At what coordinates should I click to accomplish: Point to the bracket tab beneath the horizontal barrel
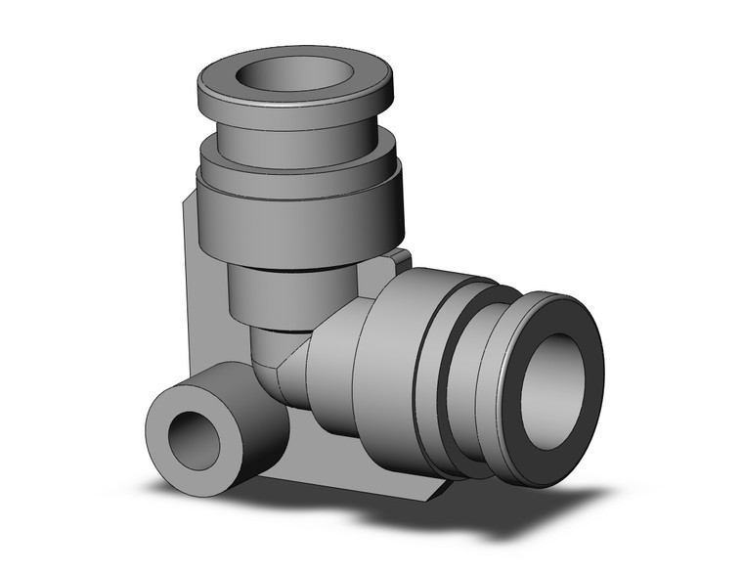411,484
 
